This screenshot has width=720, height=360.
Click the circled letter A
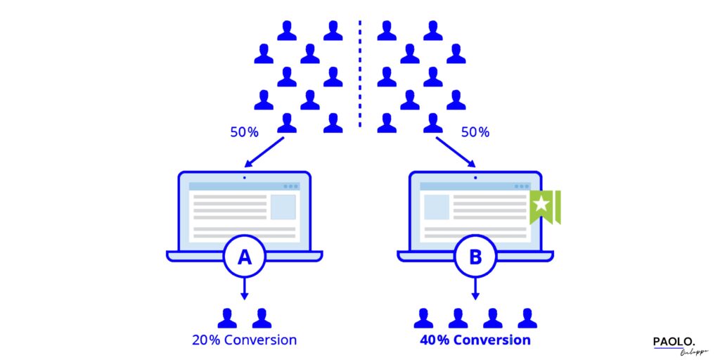tap(245, 257)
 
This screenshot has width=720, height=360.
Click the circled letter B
tap(475, 257)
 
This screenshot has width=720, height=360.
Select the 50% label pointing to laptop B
tap(475, 131)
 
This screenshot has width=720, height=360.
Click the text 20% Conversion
tap(245, 340)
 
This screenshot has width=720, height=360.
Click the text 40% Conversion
tap(475, 340)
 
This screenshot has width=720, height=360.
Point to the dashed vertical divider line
tap(360, 74)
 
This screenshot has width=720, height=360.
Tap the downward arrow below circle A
tap(245, 288)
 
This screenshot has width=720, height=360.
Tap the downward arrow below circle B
tap(475, 288)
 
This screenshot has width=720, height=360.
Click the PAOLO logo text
tap(674, 341)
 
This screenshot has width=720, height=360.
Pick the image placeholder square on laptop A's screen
tap(283, 207)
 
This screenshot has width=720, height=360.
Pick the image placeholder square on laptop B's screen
tap(437, 207)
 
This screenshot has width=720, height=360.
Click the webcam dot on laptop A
tap(245, 177)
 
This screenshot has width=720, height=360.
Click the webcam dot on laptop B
tap(475, 177)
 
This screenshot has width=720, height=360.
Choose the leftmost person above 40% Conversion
tap(423, 318)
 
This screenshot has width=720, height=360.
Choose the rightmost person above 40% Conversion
tap(527, 318)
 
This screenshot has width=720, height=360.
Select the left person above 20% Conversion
tap(227, 318)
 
